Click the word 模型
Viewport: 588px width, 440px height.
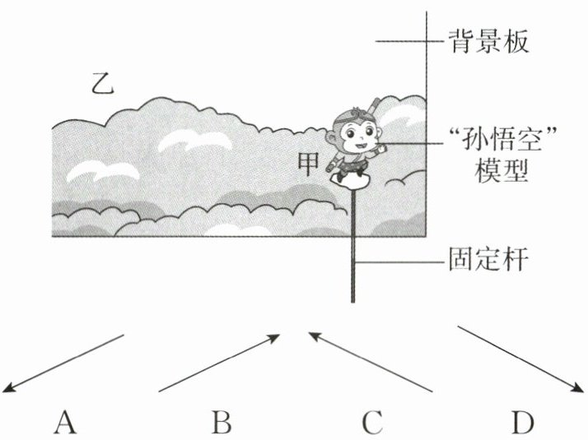(x=500, y=171)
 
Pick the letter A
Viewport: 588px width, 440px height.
(x=66, y=423)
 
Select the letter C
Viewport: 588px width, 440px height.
(x=371, y=423)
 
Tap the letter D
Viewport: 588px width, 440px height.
(x=522, y=423)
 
